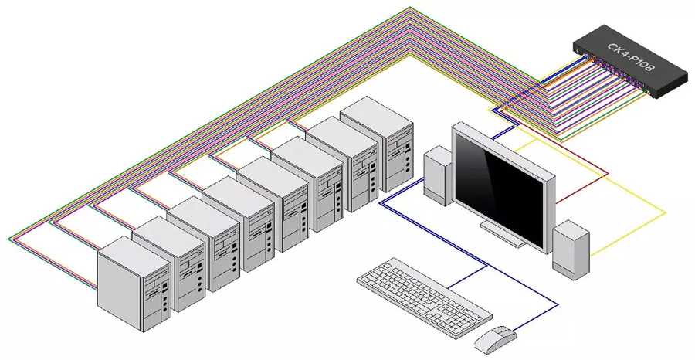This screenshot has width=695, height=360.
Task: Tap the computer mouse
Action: pyautogui.click(x=494, y=337)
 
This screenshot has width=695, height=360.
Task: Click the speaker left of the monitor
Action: pyautogui.click(x=438, y=176)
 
